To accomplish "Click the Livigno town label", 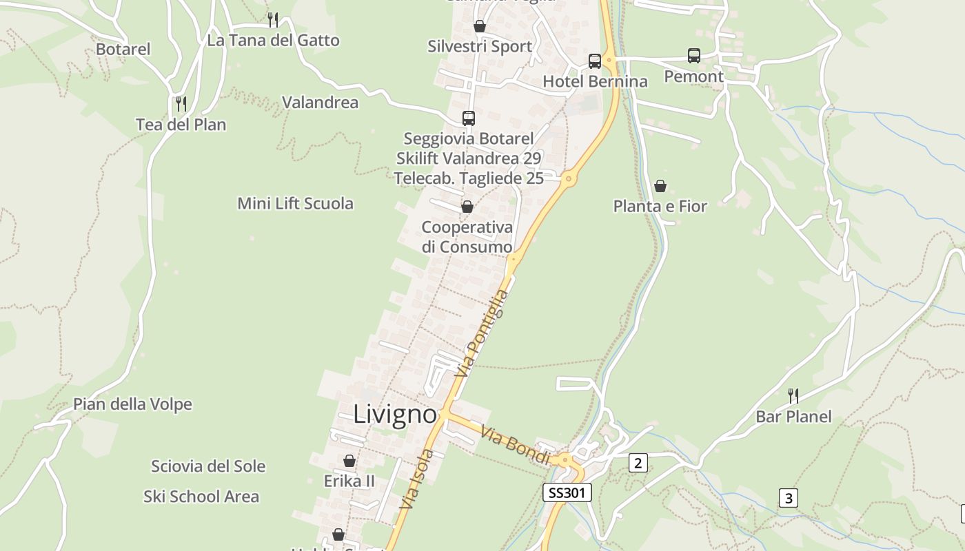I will click(395, 415).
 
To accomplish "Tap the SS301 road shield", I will click(567, 492).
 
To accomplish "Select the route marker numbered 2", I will click(638, 464).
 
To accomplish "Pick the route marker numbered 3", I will click(789, 498).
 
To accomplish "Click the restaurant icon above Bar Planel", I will click(793, 395).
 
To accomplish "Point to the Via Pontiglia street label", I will click(482, 333).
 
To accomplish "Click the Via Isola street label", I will click(417, 479).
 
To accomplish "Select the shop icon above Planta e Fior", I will click(660, 186).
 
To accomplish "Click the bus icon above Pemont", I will click(694, 56).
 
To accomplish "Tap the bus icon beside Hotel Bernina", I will click(595, 61).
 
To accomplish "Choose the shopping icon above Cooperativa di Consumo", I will click(467, 207).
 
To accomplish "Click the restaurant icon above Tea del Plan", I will click(181, 104).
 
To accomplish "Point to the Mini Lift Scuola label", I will click(295, 203).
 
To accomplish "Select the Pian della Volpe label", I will click(132, 404).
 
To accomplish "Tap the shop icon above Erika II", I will click(349, 461).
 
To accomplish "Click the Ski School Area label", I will click(201, 497).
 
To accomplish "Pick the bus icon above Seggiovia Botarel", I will click(469, 118).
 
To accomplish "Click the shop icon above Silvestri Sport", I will click(480, 26).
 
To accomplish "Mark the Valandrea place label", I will click(320, 103).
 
